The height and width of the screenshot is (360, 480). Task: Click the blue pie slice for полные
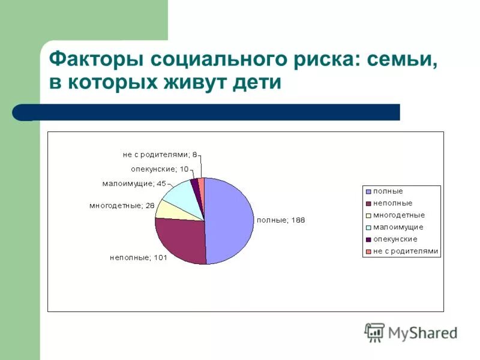(231, 221)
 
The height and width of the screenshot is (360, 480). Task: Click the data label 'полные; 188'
(281, 220)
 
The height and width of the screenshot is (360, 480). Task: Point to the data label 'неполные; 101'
(138, 257)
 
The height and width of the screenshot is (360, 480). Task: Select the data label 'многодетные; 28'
(122, 205)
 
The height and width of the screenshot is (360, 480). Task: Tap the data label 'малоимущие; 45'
(134, 183)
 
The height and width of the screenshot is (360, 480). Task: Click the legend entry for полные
(388, 191)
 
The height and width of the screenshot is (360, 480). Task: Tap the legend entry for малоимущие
(398, 227)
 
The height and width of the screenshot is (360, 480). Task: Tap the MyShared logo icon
(375, 332)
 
